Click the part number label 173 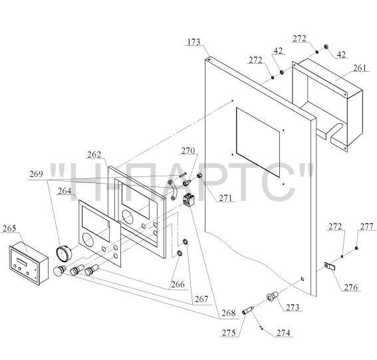click(193, 42)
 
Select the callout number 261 click(360, 68)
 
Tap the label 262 click(94, 155)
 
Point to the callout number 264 click(64, 191)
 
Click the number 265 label click(9, 228)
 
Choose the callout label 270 click(188, 151)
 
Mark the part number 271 click(225, 198)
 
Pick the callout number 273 click(293, 307)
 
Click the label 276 click(351, 287)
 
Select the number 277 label click(366, 226)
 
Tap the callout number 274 click(283, 333)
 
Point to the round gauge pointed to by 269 click(64, 253)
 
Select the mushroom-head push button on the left click(59, 270)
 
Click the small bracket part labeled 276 click(330, 266)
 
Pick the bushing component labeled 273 click(273, 297)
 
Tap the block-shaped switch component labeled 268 click(189, 199)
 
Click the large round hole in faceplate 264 click(88, 240)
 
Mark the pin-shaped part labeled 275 click(248, 310)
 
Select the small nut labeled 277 click(356, 248)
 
